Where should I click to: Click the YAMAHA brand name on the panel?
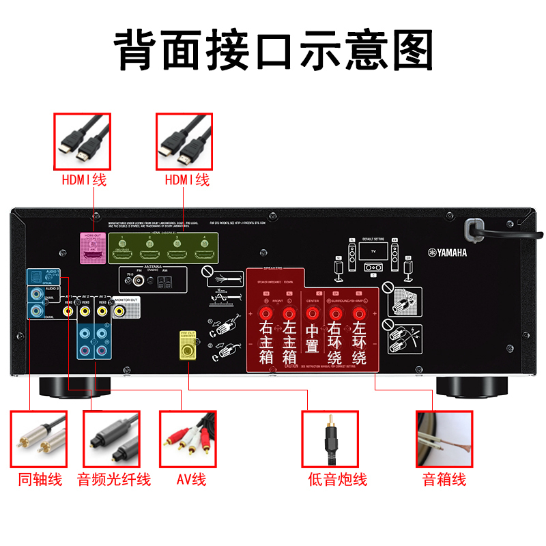[448, 253]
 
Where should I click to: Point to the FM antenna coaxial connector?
[139, 279]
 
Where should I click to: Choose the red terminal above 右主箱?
[265, 313]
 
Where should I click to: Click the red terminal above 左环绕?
[359, 313]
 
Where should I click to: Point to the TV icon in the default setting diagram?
[372, 251]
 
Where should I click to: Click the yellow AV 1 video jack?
[68, 311]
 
